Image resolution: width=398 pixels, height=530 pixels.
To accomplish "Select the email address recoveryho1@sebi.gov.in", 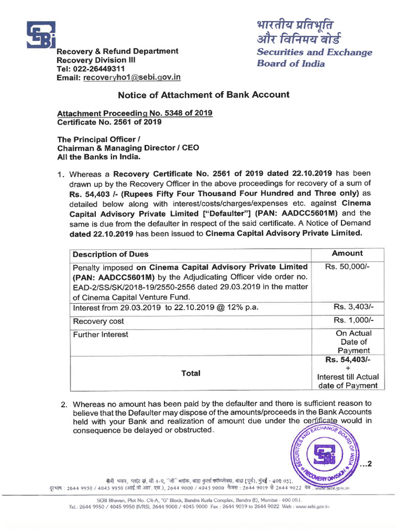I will tap(132, 78).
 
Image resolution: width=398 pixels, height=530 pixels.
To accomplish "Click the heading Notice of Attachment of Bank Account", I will tap(204, 95).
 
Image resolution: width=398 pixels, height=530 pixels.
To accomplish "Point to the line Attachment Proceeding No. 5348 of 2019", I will tap(134, 113).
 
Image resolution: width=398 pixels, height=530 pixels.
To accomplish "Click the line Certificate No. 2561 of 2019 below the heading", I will tap(109, 122).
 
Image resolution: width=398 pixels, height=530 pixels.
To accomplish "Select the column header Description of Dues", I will tap(110, 254).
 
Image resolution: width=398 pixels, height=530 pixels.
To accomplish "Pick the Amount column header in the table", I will tap(347, 253).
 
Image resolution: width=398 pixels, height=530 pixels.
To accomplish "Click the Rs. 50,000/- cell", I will tap(347, 267).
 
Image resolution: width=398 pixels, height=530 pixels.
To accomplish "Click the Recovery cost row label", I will tap(98, 321).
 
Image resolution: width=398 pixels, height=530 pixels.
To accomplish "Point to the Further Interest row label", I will tap(101, 334).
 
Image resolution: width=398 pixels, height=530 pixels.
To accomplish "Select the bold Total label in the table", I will tap(191, 373).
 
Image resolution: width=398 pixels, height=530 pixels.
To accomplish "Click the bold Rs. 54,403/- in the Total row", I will tap(348, 360).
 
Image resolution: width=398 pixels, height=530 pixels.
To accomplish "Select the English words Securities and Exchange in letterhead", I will tap(315, 52).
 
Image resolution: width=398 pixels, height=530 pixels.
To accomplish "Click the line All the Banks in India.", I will tap(98, 157).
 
